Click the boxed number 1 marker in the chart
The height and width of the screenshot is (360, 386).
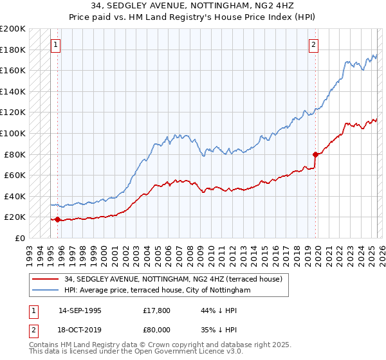pyautogui.click(x=55, y=45)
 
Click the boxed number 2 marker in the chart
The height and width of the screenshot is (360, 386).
pyautogui.click(x=313, y=45)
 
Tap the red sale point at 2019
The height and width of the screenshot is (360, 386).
pyautogui.click(x=315, y=154)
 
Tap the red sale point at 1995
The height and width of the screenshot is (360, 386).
pyautogui.click(x=58, y=219)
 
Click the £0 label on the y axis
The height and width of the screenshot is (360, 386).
pyautogui.click(x=19, y=238)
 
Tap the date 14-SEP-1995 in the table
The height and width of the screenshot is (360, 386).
pyautogui.click(x=80, y=310)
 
